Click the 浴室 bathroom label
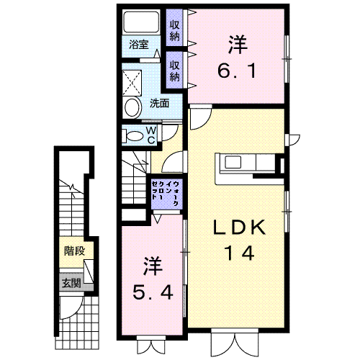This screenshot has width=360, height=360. [139, 45]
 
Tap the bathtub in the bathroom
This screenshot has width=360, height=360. [141, 22]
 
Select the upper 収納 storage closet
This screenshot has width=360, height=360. [175, 27]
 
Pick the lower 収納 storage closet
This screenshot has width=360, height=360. [175, 70]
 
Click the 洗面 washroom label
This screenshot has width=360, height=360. [159, 104]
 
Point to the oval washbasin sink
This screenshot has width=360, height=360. [132, 107]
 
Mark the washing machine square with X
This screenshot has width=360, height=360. [132, 83]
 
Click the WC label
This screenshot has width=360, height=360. [151, 135]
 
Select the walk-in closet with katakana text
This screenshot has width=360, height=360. [166, 194]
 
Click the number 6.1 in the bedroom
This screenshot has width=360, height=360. [237, 71]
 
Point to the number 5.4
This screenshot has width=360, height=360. [153, 292]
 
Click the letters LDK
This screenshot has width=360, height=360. [239, 227]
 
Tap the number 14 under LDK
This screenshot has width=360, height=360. [239, 253]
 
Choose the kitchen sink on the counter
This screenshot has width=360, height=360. [233, 162]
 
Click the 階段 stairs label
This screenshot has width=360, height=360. [74, 251]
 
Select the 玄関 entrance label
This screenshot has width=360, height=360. [71, 284]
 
